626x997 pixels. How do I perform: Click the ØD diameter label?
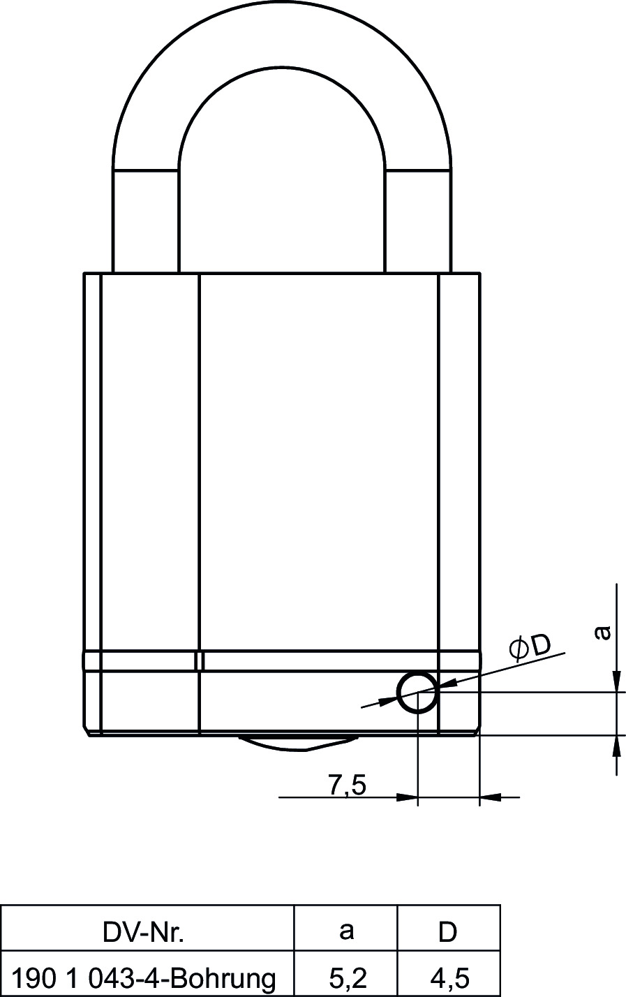[x=530, y=648]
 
